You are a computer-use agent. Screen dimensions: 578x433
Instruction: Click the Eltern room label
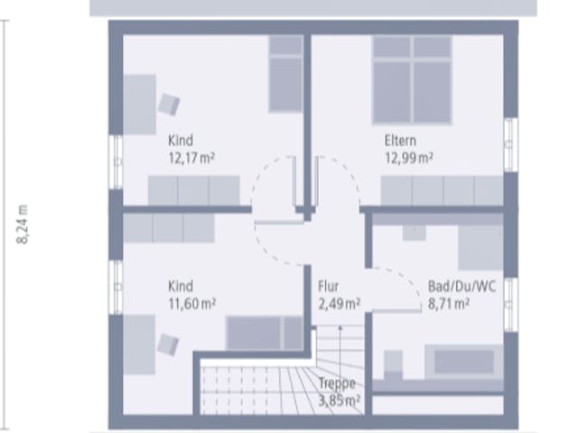pyautogui.click(x=400, y=141)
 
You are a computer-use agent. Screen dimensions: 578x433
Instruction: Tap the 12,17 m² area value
pyautogui.click(x=191, y=158)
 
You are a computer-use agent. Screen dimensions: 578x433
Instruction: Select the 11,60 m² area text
pyautogui.click(x=192, y=304)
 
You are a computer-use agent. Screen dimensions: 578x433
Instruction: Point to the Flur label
pyautogui.click(x=328, y=286)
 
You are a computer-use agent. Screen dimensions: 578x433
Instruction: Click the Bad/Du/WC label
pyautogui.click(x=461, y=286)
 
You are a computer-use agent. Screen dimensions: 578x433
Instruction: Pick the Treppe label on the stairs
pyautogui.click(x=337, y=383)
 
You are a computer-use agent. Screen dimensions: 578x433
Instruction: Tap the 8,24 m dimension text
pyautogui.click(x=23, y=224)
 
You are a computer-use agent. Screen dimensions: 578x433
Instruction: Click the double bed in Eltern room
pyautogui.click(x=412, y=79)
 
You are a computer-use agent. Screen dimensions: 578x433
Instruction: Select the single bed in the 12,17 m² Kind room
pyautogui.click(x=286, y=74)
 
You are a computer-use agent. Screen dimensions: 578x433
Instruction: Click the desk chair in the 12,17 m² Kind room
pyautogui.click(x=169, y=105)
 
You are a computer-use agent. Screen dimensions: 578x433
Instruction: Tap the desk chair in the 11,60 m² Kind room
pyautogui.click(x=168, y=345)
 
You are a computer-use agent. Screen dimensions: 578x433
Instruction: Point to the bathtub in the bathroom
pyautogui.click(x=464, y=362)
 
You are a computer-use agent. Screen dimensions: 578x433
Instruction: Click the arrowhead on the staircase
pyautogui.click(x=340, y=327)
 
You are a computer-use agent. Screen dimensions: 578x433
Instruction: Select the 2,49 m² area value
pyautogui.click(x=340, y=304)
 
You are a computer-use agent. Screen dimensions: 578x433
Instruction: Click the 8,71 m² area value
pyautogui.click(x=449, y=304)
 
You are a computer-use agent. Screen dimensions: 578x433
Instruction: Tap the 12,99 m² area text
pyautogui.click(x=409, y=158)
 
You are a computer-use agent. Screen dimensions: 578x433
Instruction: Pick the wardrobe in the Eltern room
pyautogui.click(x=443, y=190)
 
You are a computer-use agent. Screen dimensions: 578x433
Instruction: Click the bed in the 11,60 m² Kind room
pyautogui.click(x=265, y=333)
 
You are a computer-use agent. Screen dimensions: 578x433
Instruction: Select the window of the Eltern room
pyautogui.click(x=510, y=144)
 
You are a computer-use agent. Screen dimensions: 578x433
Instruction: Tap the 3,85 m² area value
pyautogui.click(x=340, y=401)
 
